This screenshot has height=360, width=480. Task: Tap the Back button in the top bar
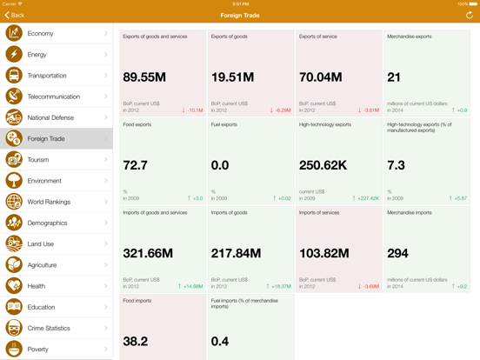coord(15,16)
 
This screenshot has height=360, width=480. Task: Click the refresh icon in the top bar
coord(470,16)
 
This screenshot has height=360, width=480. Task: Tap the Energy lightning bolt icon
coord(14,55)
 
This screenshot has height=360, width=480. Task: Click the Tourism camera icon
coord(14,160)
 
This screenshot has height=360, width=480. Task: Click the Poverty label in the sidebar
coord(39,349)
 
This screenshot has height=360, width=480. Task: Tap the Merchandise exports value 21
coord(394,77)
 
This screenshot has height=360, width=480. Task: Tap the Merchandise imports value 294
coord(397,253)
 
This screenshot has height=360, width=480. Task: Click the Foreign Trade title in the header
coord(240,16)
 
